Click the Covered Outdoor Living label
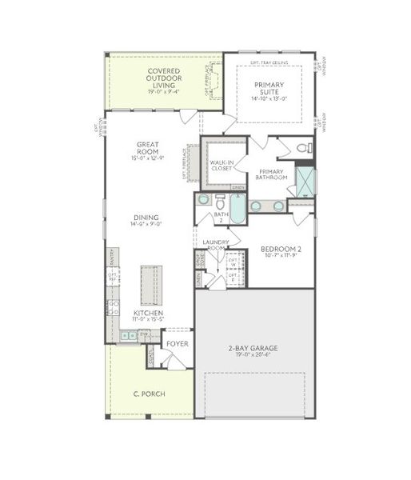click(163, 78)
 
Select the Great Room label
click(147, 147)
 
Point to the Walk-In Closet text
click(221, 166)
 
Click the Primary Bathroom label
click(273, 174)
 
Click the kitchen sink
click(126, 335)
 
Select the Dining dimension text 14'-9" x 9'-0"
click(147, 225)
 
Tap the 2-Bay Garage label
click(252, 347)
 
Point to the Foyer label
click(177, 344)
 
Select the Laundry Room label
click(216, 245)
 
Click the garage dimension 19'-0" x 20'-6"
click(252, 354)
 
